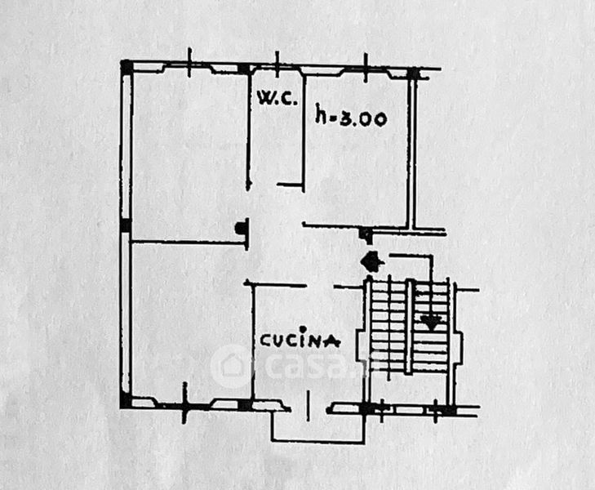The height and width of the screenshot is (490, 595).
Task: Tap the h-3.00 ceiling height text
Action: pos(351,118)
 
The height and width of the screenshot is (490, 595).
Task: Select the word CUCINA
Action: pos(300,341)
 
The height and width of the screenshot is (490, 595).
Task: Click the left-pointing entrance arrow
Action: pos(371,262)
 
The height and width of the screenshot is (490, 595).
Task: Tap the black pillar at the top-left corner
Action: pos(126,67)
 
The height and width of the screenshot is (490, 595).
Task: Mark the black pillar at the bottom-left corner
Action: pos(126,400)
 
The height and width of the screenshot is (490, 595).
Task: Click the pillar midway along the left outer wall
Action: pos(126,225)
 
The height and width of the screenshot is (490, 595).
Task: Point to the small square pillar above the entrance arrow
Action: pos(366,235)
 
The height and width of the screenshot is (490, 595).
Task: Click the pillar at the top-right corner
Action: pos(413,73)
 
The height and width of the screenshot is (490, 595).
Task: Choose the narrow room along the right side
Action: pos(427,151)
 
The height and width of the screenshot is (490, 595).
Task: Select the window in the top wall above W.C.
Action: pos(277,68)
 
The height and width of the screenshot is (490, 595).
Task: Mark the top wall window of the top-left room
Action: pos(189,68)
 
